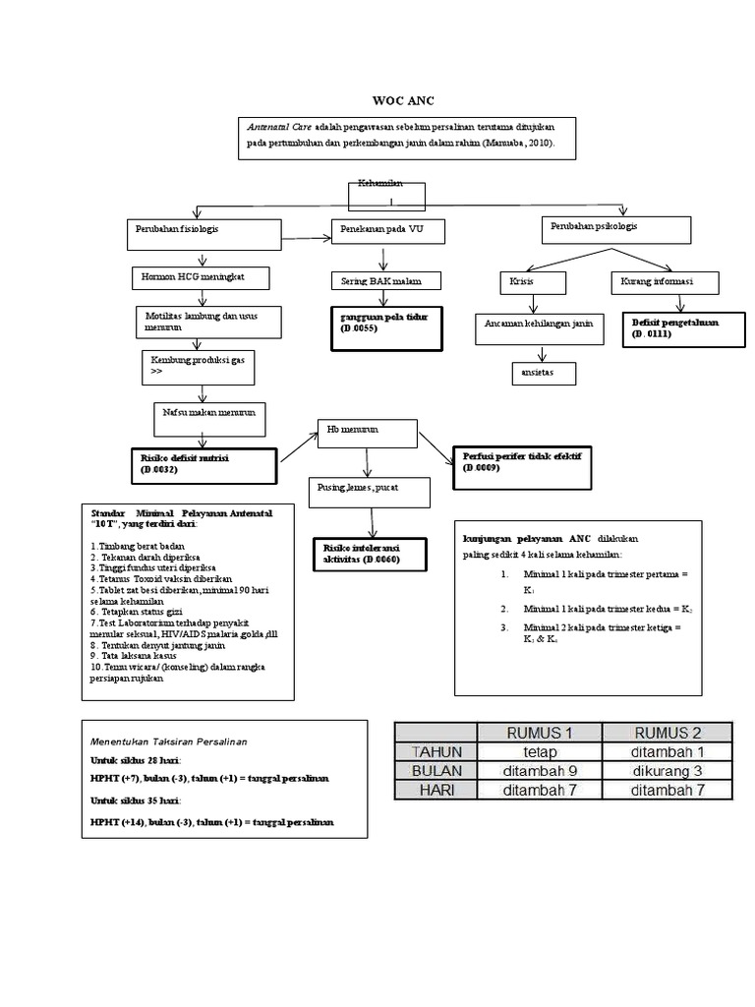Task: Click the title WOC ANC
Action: [x=403, y=101]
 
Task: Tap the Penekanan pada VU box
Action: [x=386, y=231]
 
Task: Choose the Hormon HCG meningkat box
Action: [x=201, y=278]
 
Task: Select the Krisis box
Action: [x=532, y=282]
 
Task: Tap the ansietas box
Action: [x=543, y=374]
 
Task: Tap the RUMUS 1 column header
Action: [x=539, y=732]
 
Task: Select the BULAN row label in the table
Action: [x=436, y=770]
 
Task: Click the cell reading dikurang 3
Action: [x=667, y=770]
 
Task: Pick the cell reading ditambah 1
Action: [x=667, y=751]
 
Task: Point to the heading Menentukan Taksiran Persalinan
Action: [x=169, y=740]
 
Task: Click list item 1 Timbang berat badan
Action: [x=140, y=546]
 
